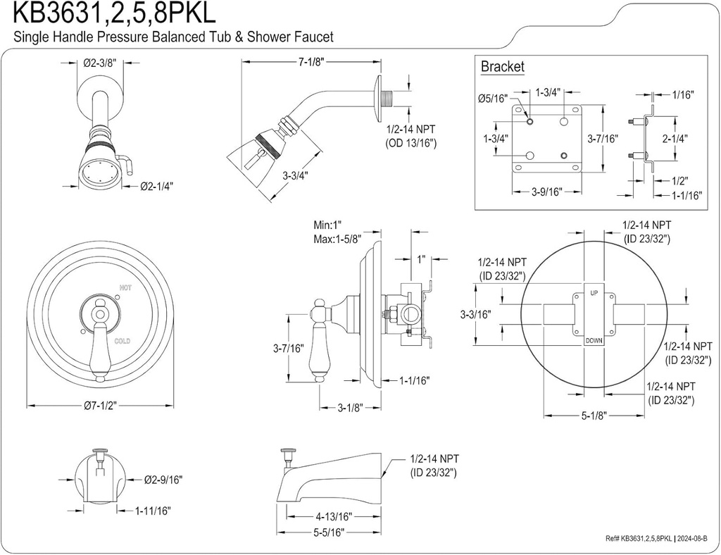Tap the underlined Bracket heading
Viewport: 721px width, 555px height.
tap(502, 67)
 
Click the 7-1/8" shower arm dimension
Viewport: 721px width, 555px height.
tap(310, 61)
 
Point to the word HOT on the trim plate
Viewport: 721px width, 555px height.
tap(125, 287)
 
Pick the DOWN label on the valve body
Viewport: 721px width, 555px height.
tap(594, 341)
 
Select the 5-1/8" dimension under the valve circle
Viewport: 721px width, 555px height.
tap(594, 416)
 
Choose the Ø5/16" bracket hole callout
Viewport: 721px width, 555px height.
tap(491, 99)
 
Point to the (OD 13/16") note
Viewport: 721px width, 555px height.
tap(411, 143)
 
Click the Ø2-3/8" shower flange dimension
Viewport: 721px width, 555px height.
tap(99, 62)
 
